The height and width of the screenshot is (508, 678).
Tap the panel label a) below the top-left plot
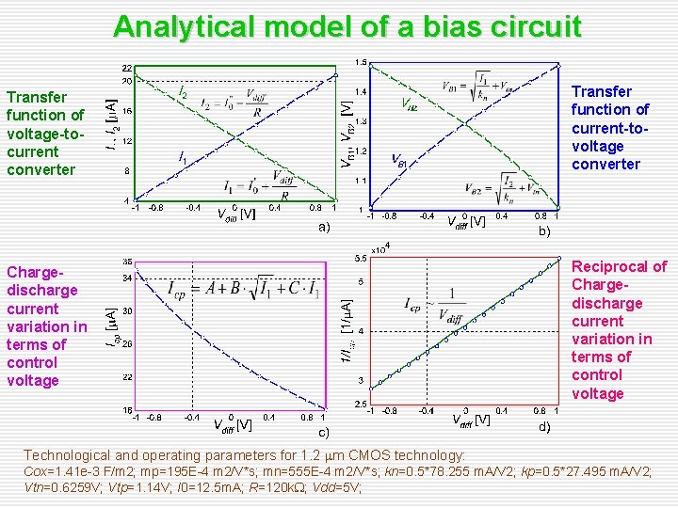(323, 228)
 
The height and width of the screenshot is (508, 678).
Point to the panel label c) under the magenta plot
(323, 433)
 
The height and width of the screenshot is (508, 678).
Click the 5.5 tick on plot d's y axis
(359, 257)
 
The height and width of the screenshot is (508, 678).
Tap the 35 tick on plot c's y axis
(126, 261)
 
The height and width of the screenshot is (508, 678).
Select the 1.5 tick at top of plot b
(360, 63)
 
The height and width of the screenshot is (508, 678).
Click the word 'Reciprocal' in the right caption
(619, 267)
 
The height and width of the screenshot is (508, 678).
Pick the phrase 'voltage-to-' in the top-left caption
(45, 134)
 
